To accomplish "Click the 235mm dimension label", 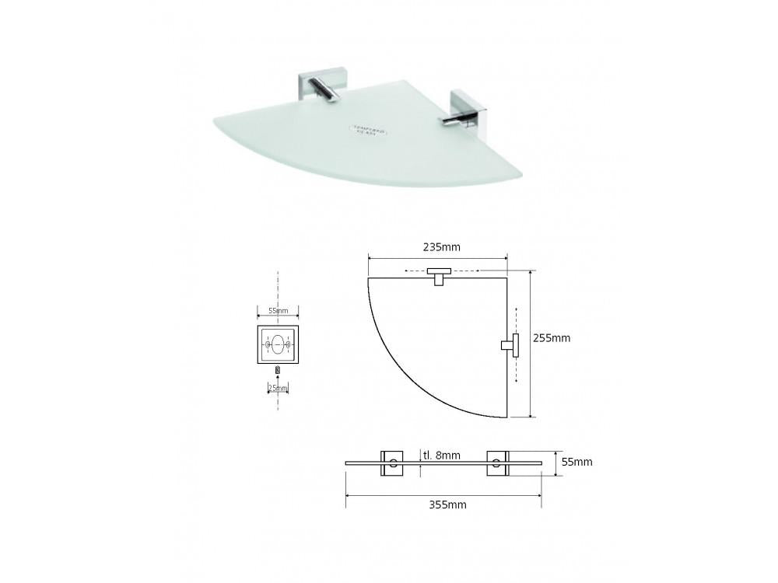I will click(x=441, y=247).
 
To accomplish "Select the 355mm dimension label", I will click(x=447, y=504).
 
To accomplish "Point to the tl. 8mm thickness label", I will click(x=441, y=455).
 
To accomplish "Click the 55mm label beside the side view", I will click(x=577, y=462).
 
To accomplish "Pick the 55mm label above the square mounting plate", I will click(x=278, y=311).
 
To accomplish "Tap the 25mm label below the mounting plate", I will click(x=278, y=387).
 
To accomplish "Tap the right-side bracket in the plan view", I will click(x=510, y=344).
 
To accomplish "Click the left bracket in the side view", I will click(x=393, y=463).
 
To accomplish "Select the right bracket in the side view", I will click(x=496, y=463).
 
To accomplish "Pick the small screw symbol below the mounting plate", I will click(x=278, y=370).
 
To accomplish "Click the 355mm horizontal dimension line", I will click(x=443, y=494).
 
